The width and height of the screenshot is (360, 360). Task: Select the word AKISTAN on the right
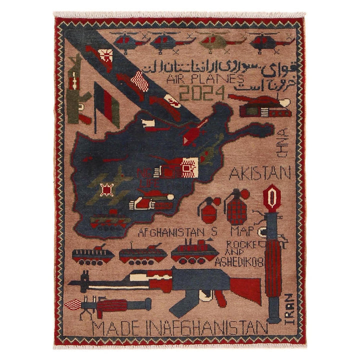(259, 173)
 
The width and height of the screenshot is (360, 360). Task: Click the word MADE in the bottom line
(113, 328)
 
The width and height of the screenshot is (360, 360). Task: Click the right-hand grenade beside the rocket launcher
(235, 206)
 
